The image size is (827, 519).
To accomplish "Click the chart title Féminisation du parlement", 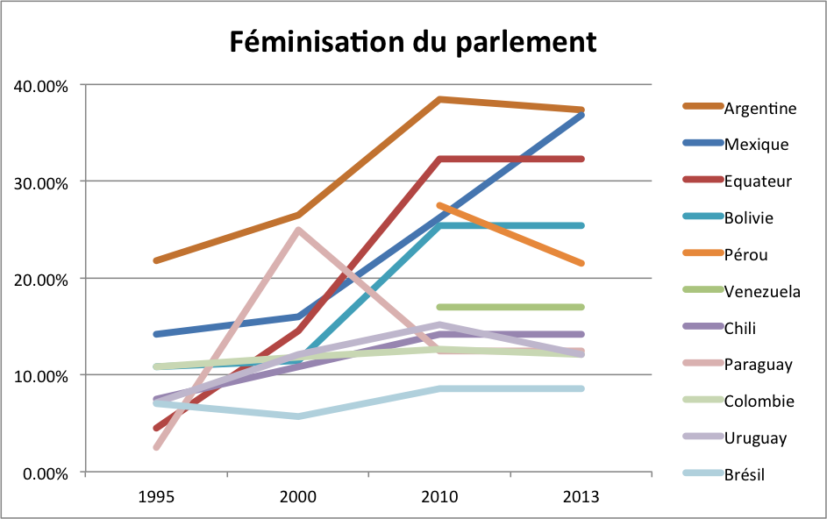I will pos(413,42).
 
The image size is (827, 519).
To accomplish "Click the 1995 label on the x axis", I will pos(156,497).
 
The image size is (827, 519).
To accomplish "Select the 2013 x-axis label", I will pos(581,497).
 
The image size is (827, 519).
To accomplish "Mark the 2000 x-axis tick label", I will pos(298,497).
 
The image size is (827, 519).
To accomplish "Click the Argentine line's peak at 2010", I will pos(439,99).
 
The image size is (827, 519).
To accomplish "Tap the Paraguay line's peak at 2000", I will pos(298,230).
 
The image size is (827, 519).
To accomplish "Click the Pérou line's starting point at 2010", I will pos(439,205).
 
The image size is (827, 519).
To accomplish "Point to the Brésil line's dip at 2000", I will pos(298,416).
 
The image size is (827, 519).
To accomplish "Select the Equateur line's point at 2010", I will pos(439,159).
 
